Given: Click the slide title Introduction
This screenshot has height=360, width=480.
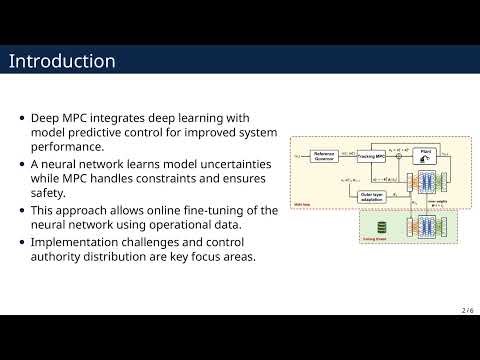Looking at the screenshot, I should (x=62, y=61).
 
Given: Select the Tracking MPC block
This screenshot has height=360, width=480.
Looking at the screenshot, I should (x=373, y=156).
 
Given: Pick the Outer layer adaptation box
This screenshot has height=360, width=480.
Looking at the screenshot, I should (x=372, y=197).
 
